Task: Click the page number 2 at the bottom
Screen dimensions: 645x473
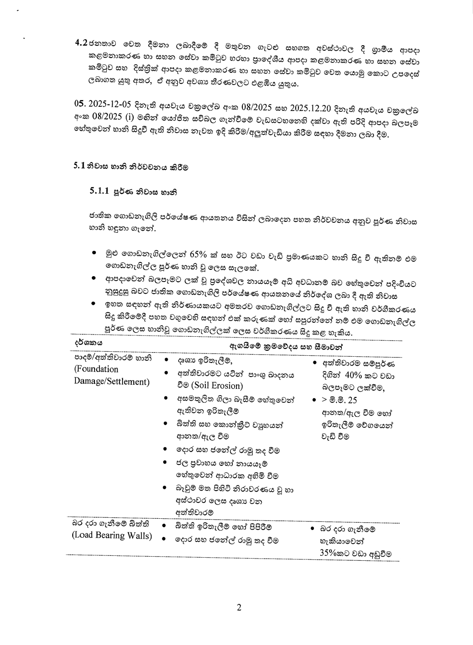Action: click(239, 608)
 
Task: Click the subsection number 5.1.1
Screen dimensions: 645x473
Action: click(99, 191)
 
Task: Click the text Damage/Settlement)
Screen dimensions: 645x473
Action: click(112, 382)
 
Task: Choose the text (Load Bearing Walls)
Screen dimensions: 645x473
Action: click(112, 535)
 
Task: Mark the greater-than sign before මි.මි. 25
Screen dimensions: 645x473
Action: click(324, 401)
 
